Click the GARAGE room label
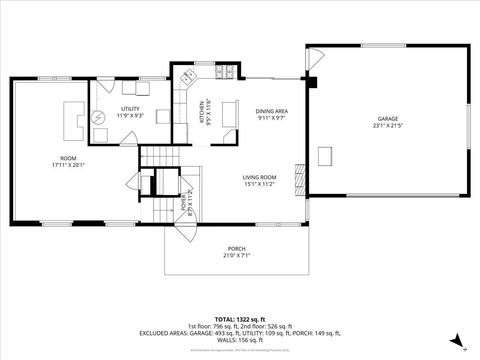tap(386, 118)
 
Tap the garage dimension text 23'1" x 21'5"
tap(386, 126)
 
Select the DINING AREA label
tap(272, 111)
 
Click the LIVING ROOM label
tap(259, 177)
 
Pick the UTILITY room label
tap(130, 108)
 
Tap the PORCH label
tap(237, 248)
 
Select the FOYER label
tap(183, 203)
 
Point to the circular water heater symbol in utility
tap(98, 118)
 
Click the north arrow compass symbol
tap(456, 340)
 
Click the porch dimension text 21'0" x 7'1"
tap(237, 256)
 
